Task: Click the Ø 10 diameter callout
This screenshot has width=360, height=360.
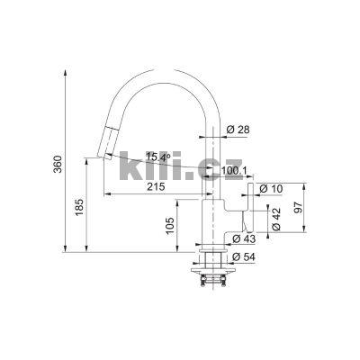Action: click(x=269, y=189)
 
